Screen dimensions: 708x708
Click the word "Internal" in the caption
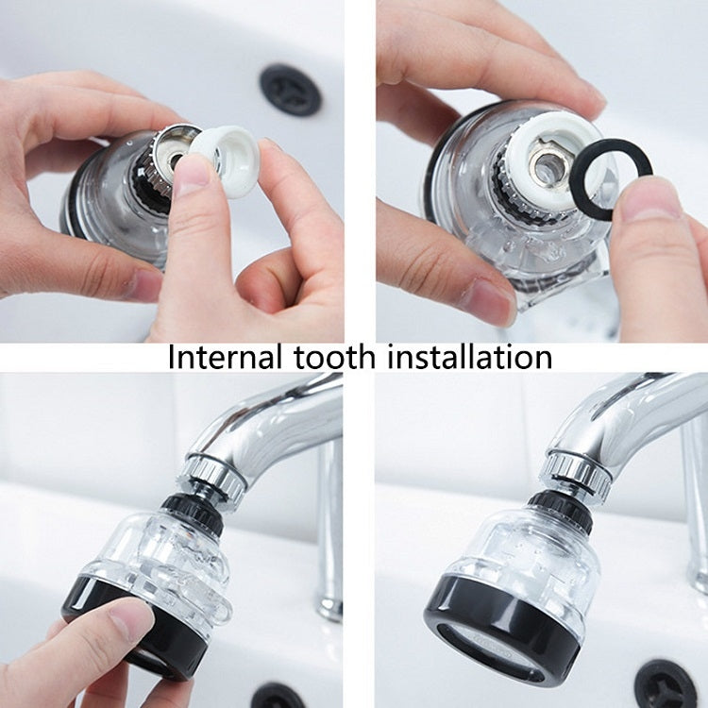tap(225, 357)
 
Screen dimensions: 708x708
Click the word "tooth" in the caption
tap(334, 357)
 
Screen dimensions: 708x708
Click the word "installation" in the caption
tap(470, 357)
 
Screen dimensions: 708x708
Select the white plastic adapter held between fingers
tap(226, 161)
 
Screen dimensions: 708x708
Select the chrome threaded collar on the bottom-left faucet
tap(213, 478)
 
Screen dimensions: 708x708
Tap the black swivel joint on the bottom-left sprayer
tap(194, 514)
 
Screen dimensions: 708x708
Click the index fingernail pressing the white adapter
tap(193, 174)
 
